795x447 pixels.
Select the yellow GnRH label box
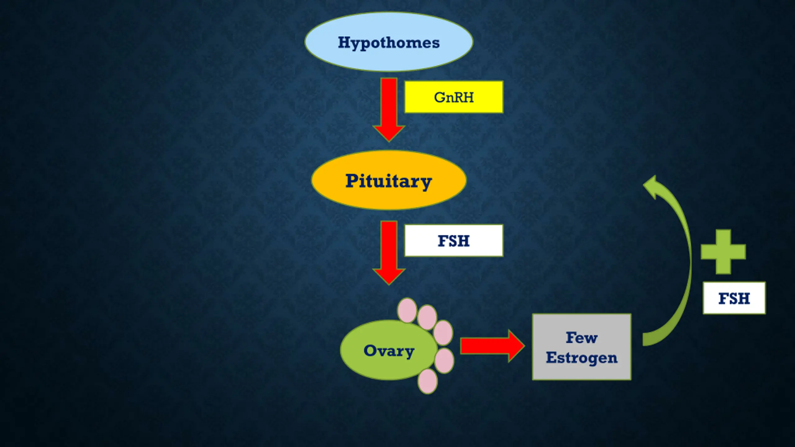point(453,97)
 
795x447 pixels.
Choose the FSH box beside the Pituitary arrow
point(453,241)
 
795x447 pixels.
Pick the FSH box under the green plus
point(734,298)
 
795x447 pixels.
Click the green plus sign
point(723,252)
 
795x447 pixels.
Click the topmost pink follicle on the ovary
point(407,310)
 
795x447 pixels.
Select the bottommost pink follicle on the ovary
point(427,382)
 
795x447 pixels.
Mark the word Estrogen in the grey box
point(582,358)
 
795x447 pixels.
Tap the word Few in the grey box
point(581,337)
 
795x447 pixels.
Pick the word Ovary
point(389,351)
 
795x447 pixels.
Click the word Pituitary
point(388,181)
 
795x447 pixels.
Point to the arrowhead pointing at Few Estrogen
point(516,346)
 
